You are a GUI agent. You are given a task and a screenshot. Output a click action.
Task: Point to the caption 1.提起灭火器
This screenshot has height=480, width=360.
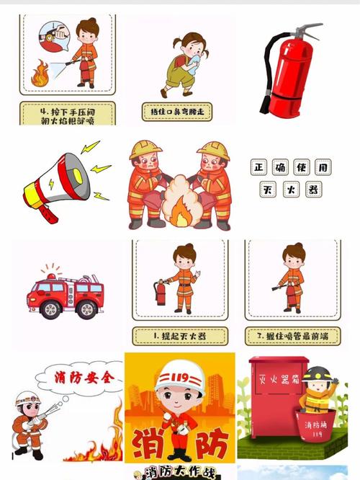[x=179, y=335]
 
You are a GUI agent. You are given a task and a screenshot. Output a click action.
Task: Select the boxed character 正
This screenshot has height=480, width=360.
[x=260, y=167]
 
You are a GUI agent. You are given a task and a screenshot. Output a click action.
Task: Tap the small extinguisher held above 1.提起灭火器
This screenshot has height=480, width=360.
[x=161, y=291]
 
